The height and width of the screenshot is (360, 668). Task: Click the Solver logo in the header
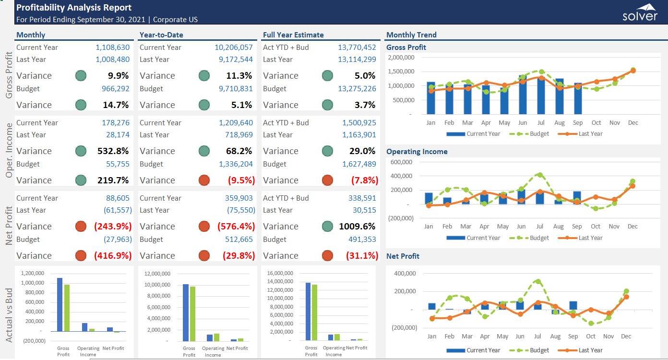coord(640,12)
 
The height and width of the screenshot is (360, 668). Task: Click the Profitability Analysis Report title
coord(74,8)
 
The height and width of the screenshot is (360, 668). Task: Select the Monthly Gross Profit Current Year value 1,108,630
coord(113,48)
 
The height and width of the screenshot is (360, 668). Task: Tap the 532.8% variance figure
coord(113,151)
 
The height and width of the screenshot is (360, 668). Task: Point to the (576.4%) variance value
coord(236,227)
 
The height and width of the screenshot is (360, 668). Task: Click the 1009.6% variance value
coord(357,227)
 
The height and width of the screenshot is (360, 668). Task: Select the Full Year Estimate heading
coord(293,35)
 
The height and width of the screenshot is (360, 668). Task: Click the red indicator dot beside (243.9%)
coord(81,227)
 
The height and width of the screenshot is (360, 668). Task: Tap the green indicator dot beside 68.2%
coord(204,151)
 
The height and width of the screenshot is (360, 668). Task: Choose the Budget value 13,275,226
coord(357,89)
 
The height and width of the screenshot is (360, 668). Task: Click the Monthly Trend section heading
coord(411,35)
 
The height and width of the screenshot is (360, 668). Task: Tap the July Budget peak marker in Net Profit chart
coord(537,282)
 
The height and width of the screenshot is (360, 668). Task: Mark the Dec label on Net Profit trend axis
coord(626,336)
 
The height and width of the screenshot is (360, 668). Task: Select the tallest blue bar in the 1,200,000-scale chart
coord(60,304)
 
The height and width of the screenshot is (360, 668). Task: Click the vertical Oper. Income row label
coord(9,151)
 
